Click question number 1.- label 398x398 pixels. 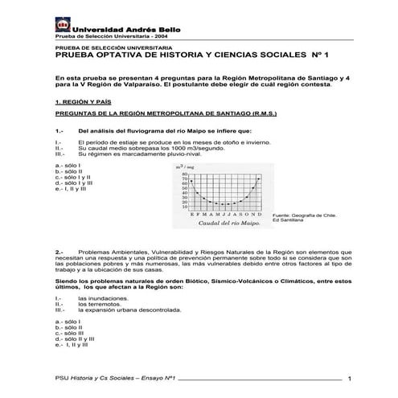coord(59,130)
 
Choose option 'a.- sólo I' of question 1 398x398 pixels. coord(70,165)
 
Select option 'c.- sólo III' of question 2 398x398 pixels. coord(70,333)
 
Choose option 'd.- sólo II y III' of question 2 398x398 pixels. coord(75,339)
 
